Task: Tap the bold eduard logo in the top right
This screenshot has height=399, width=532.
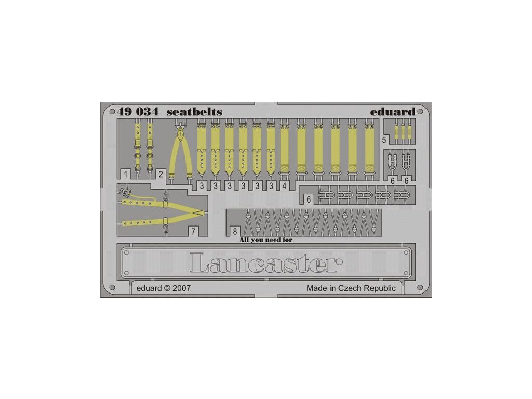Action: [x=392, y=112]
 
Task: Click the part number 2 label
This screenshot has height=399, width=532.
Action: [x=161, y=174]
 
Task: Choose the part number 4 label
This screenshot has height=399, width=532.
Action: [x=284, y=185]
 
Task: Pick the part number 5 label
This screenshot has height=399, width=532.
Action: [x=384, y=140]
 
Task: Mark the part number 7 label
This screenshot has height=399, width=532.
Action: [x=193, y=231]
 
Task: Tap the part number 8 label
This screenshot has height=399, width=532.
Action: [x=235, y=231]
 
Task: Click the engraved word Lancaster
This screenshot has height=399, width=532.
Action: [x=265, y=263]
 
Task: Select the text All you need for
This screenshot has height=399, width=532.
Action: [x=270, y=240]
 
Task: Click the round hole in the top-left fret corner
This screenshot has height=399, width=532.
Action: [x=111, y=111]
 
